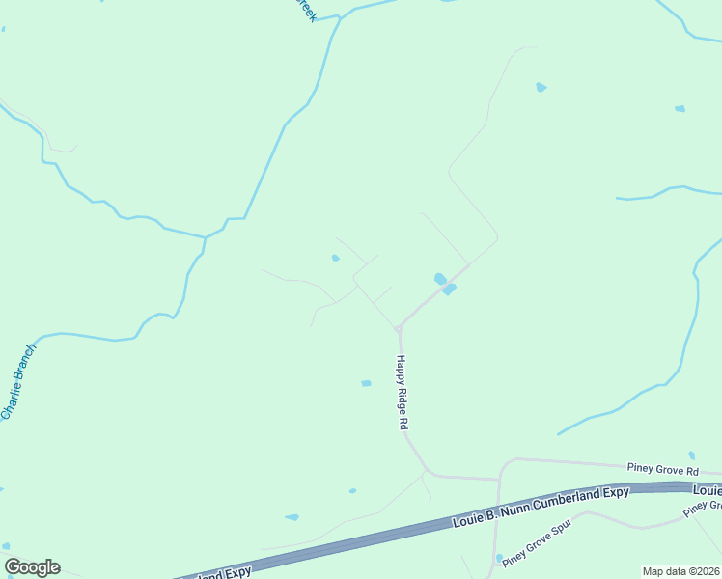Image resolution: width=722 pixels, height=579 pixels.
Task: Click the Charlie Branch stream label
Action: tap(18, 381)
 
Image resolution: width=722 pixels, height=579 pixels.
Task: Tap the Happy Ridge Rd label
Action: tap(403, 392)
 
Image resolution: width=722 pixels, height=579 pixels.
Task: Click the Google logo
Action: tap(32, 567)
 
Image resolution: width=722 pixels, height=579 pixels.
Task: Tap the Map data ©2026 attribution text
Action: tap(680, 571)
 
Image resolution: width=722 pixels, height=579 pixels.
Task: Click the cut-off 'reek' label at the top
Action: tap(305, 10)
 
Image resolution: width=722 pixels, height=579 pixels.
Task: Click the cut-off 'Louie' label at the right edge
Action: tap(708, 490)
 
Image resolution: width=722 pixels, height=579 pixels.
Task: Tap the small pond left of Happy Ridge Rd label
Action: tap(366, 383)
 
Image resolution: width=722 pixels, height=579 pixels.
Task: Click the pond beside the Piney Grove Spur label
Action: tap(499, 558)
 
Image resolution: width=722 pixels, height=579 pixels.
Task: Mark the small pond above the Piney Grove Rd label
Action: tap(691, 455)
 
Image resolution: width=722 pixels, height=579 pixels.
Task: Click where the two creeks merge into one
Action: tap(205, 236)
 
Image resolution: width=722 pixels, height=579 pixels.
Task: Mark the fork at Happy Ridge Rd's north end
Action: tap(397, 329)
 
